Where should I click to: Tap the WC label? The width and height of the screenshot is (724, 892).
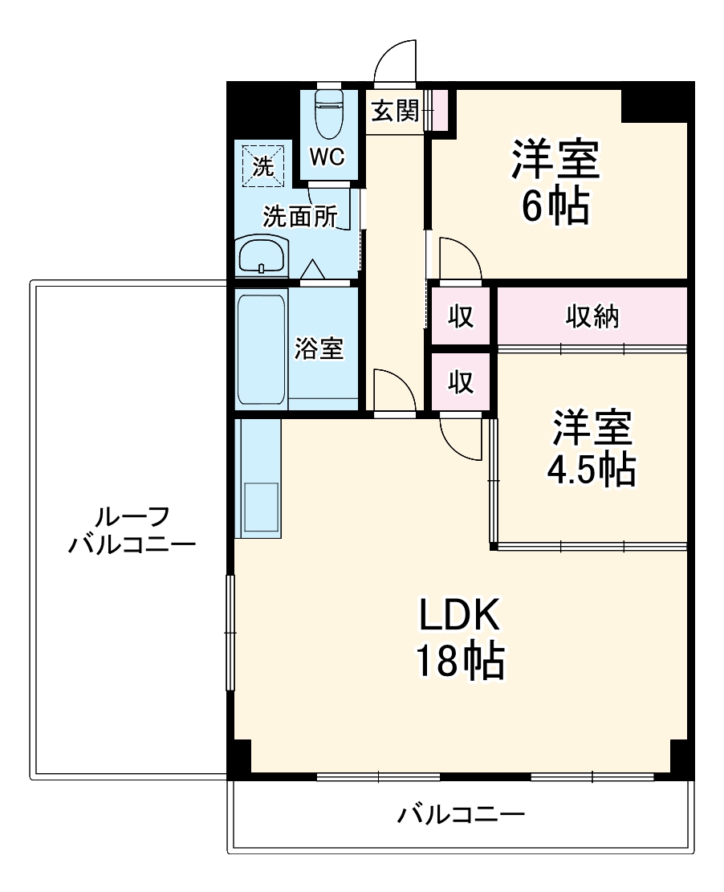(x=327, y=157)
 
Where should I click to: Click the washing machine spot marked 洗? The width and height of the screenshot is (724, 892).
(x=262, y=165)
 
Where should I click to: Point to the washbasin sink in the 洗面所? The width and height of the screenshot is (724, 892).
(x=262, y=257)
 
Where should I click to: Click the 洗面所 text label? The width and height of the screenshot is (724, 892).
(x=301, y=217)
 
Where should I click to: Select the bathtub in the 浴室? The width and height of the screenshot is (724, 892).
(x=262, y=349)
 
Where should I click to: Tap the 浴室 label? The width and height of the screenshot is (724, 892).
(x=319, y=348)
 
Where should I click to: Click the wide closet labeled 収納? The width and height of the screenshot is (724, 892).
(x=593, y=317)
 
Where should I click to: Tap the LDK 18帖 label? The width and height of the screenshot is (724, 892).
(x=459, y=638)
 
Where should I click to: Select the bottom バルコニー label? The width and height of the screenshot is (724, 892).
(x=461, y=817)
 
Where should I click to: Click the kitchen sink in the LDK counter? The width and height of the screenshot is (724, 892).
(x=258, y=506)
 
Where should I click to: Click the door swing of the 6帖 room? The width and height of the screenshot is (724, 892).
(x=458, y=261)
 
